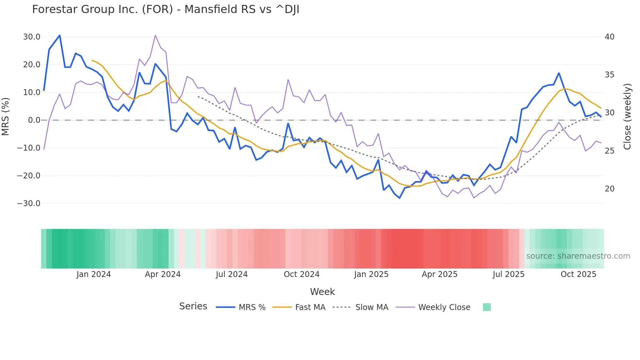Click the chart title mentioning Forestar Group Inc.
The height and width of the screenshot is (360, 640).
[x=166, y=9]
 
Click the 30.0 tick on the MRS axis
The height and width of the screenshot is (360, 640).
[x=32, y=37]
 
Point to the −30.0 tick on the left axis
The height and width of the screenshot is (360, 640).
[x=29, y=204]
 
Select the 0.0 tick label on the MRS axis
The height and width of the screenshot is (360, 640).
[x=34, y=120]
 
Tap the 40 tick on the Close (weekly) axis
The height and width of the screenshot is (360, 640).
[x=609, y=37]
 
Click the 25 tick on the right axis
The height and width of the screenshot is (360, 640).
[x=609, y=151]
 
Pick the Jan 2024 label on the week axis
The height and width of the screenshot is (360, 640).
[x=94, y=274]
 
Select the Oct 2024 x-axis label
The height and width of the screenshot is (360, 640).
[x=301, y=274]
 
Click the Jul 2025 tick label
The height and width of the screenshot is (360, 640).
[x=508, y=274]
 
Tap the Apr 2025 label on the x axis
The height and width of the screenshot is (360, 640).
[x=440, y=274]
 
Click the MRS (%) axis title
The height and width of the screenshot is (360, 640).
[x=6, y=117]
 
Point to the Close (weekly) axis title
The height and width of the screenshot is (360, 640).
[x=627, y=117]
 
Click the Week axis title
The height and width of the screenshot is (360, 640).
[x=322, y=292]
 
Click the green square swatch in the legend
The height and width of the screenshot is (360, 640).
[x=487, y=307]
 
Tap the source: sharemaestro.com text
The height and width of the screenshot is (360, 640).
[x=578, y=256]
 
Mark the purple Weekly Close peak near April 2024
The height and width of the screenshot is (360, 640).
[x=155, y=35]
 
